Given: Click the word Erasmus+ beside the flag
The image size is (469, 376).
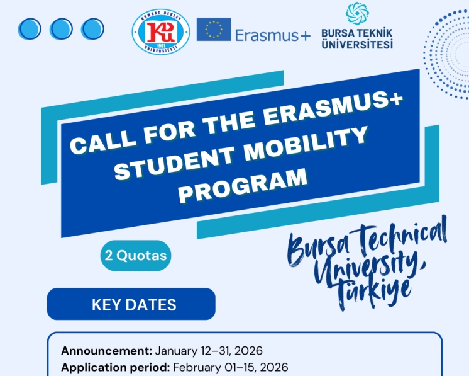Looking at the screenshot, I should pyautogui.click(x=272, y=36).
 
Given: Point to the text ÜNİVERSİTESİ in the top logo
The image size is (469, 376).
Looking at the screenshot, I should pyautogui.click(x=357, y=45).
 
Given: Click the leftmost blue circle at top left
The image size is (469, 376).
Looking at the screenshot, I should pyautogui.click(x=30, y=28).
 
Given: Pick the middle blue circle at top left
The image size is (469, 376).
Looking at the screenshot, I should pyautogui.click(x=61, y=28).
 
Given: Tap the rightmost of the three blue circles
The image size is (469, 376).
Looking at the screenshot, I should pyautogui.click(x=92, y=28).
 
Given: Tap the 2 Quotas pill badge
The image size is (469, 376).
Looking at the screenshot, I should pyautogui.click(x=136, y=256).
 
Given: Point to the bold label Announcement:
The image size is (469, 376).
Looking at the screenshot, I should pyautogui.click(x=106, y=351).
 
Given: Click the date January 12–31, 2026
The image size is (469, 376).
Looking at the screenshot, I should pyautogui.click(x=209, y=351).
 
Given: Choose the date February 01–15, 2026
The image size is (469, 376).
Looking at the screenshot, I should pyautogui.click(x=230, y=367).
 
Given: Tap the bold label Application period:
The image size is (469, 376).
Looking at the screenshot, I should pyautogui.click(x=115, y=367).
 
